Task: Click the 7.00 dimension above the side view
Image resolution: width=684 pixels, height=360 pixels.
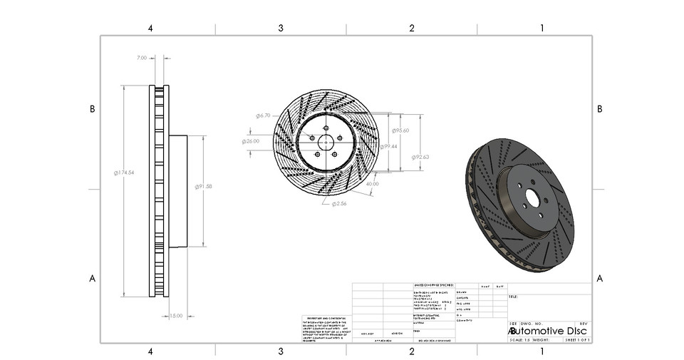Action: click(142, 58)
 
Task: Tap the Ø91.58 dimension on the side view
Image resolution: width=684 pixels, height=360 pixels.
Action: click(204, 186)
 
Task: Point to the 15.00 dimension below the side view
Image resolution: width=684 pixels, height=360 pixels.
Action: click(176, 315)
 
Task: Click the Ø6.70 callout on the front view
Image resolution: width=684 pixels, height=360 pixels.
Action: click(263, 115)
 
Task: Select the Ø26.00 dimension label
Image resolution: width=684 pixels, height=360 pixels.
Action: click(251, 141)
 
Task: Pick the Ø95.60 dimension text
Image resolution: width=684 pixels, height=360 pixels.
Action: click(400, 130)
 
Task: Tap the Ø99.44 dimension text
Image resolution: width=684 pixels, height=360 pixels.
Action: click(388, 146)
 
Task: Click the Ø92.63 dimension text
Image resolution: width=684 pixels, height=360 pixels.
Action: click(420, 157)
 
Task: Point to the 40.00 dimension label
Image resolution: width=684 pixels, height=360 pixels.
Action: click(372, 184)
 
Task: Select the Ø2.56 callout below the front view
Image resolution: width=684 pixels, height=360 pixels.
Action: click(338, 203)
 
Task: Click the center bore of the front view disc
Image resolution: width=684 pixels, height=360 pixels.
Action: click(325, 141)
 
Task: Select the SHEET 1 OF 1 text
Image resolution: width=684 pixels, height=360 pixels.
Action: click(577, 340)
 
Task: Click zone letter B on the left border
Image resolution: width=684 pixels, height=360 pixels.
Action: click(92, 109)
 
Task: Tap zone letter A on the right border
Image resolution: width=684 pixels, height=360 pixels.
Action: click(600, 278)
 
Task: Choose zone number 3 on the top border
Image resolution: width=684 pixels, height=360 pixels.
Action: click(281, 28)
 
